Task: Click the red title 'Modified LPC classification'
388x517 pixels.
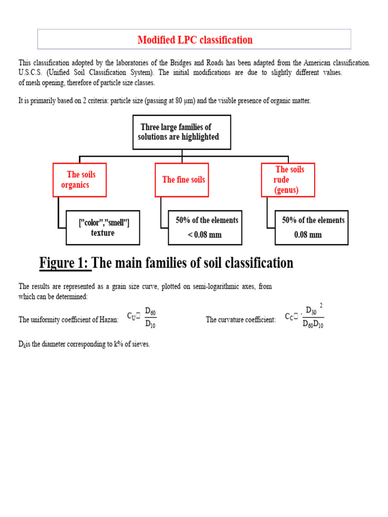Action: pos(195,39)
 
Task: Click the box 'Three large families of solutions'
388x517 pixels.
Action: pos(181,132)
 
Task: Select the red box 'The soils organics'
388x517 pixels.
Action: pos(80,180)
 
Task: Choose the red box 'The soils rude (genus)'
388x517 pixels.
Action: pos(288,180)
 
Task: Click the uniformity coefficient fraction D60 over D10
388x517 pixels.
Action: pos(150,317)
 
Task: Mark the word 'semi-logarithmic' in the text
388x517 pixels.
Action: pos(203,287)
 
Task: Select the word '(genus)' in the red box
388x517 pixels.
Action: pos(286,190)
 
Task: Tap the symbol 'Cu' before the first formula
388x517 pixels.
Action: pos(132,317)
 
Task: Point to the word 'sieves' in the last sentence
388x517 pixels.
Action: pos(140,345)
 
